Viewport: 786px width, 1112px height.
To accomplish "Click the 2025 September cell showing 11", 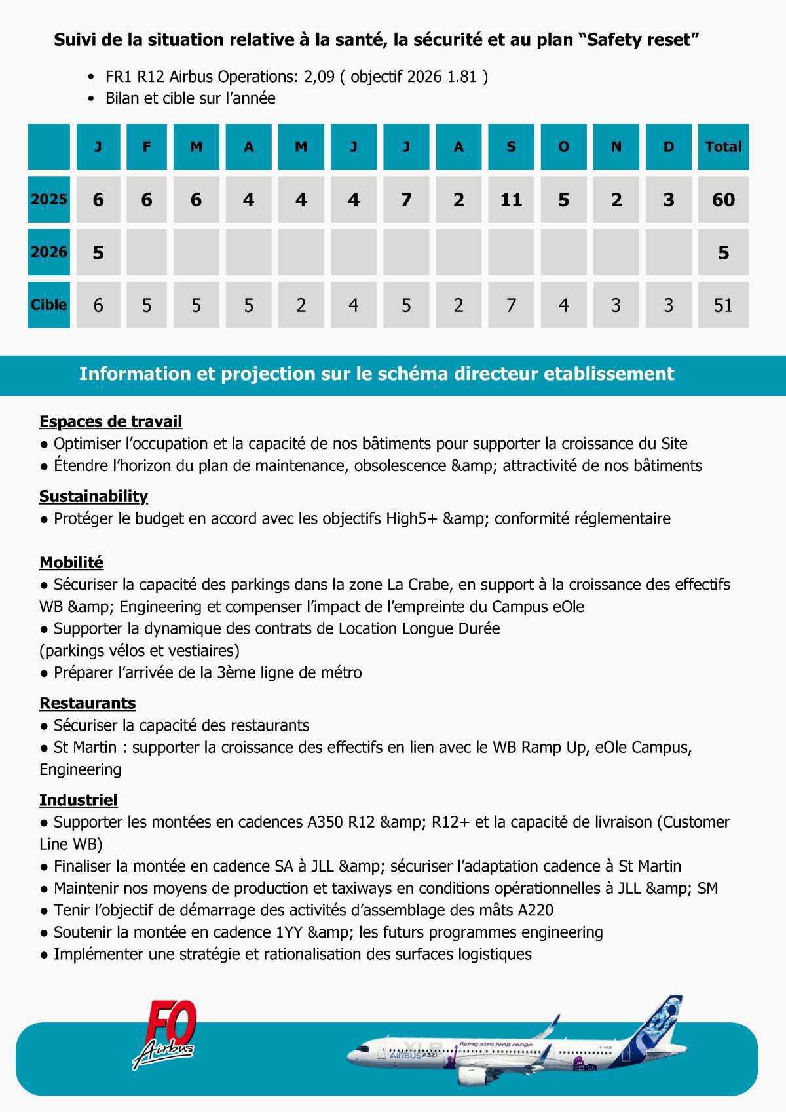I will (x=511, y=199).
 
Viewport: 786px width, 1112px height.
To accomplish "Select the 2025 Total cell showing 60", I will (x=723, y=199).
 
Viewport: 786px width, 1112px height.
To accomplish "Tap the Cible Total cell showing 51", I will (x=723, y=305).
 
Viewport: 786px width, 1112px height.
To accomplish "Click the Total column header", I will (x=723, y=147).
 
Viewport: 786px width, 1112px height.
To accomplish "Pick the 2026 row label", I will (x=49, y=252).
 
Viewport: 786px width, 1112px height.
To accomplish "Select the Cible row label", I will (x=49, y=305).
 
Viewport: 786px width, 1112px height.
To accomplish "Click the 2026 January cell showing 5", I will (x=98, y=252).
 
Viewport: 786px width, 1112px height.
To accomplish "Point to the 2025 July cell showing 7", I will (x=406, y=199).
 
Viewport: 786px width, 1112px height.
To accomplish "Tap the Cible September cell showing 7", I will (x=511, y=305).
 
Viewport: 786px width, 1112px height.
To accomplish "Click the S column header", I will (x=511, y=147).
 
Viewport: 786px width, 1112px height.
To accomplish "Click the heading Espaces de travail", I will (x=111, y=421).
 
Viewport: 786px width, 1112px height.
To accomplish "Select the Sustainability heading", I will (x=94, y=496).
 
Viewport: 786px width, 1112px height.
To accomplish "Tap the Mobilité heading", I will (x=71, y=562).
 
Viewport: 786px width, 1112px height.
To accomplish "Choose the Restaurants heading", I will (x=88, y=703).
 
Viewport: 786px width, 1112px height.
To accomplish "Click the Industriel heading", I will (x=79, y=799).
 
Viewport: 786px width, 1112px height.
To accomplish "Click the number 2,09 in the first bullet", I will (x=319, y=77).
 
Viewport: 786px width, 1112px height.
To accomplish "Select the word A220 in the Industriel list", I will (x=535, y=910).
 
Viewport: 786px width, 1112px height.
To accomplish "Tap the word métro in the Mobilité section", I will (x=341, y=672).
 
